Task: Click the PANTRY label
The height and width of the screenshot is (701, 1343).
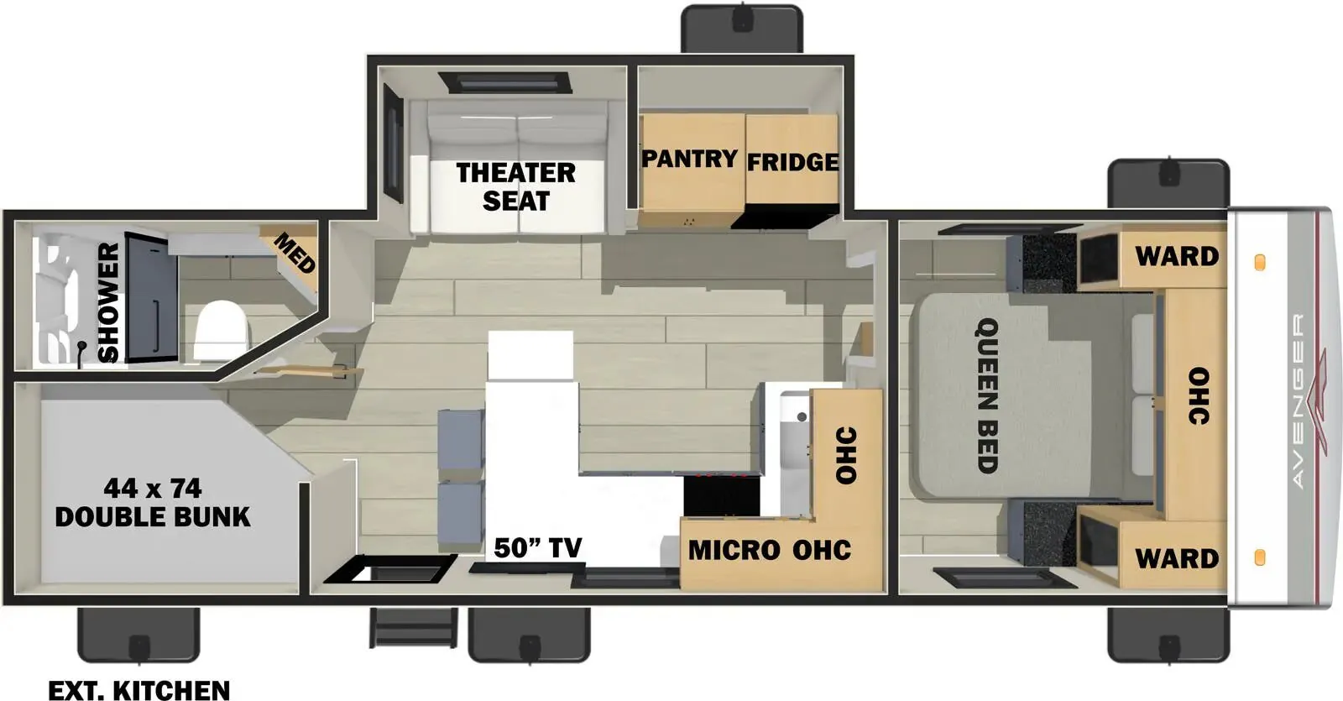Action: coord(689,159)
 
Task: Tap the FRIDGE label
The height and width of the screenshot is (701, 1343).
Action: coord(792,162)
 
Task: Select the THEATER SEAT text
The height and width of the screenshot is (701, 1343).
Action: coord(516,187)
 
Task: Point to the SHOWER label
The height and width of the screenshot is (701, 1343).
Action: coord(108,302)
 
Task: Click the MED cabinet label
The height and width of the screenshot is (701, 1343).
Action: coord(295,253)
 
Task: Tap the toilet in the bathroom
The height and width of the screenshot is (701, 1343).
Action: coord(221,331)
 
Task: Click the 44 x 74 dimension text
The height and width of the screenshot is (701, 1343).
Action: coord(153,489)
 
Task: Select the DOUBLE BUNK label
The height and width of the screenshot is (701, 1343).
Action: coord(153,517)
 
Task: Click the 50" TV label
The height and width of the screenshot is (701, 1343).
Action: coord(538,547)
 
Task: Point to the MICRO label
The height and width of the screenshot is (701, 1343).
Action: coord(734,550)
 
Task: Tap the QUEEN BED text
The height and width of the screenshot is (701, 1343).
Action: coord(987,395)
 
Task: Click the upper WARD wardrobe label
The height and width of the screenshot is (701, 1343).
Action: coord(1177,257)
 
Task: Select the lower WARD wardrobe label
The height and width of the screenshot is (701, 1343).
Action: coord(1177,559)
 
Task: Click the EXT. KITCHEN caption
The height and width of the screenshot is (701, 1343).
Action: coord(139,690)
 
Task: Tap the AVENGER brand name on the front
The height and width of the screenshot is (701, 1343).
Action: coord(1298,400)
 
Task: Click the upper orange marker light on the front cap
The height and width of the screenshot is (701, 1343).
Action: coord(1260,263)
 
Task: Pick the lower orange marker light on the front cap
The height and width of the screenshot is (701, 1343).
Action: coord(1260,557)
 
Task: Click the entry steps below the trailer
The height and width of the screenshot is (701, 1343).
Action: coord(414,628)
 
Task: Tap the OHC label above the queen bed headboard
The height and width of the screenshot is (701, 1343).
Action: coord(1199,396)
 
